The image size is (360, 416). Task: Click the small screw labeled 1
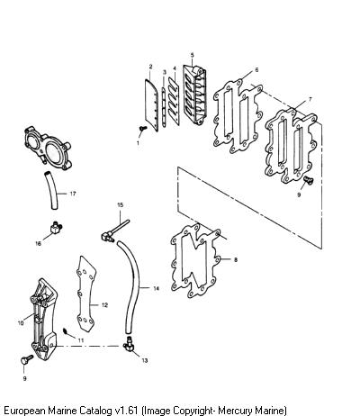coord(143,129)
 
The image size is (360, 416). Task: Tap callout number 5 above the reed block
coord(193,55)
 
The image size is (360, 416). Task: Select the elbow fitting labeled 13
coord(129,344)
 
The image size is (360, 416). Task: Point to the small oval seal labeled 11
coord(65,331)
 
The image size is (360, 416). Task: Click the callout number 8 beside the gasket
coord(236,259)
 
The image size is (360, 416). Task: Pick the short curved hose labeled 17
coord(51,190)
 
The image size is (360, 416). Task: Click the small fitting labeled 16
coord(56,228)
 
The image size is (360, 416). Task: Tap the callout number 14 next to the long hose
coord(156,288)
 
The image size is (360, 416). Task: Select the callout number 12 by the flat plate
coord(104,305)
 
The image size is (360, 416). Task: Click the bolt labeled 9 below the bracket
coord(27,359)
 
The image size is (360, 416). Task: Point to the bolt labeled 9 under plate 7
coord(308,180)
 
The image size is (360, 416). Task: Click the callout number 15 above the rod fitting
coord(120,205)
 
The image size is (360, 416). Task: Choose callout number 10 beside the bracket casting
coord(21,323)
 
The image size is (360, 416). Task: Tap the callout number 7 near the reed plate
coord(310,99)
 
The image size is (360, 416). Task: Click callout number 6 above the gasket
coord(256,69)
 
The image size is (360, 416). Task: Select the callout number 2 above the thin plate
coord(150,67)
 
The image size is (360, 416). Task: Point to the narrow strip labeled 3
coord(164,106)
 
